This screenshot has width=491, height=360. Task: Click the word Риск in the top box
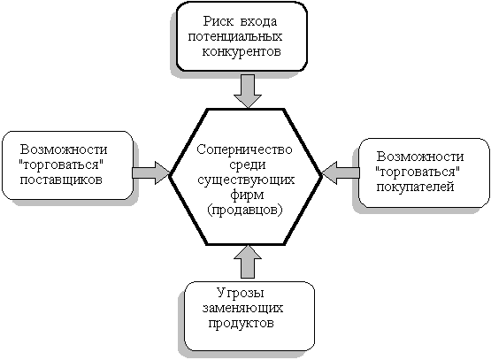[218, 21]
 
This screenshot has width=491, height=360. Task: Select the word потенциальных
[235, 36]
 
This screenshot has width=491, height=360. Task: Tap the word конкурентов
[242, 51]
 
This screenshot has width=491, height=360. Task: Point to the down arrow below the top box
[248, 91]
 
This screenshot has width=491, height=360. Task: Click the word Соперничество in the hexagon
[244, 149]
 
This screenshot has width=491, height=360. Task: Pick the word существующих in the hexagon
[246, 180]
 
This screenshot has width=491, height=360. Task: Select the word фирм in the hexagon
[247, 195]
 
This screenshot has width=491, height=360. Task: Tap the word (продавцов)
[244, 210]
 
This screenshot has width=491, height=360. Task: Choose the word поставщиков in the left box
[61, 180]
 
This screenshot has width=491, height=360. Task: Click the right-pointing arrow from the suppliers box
[151, 172]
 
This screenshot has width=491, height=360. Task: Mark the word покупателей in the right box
[415, 188]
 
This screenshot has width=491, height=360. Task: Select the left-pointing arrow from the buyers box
[341, 172]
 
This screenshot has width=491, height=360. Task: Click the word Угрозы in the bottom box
[241, 293]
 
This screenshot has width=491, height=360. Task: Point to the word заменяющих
[242, 309]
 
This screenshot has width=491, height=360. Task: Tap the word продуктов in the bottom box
[241, 323]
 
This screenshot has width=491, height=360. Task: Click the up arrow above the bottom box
[248, 262]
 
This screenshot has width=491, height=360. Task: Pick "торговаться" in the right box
[418, 172]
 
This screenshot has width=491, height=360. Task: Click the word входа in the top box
[259, 22]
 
